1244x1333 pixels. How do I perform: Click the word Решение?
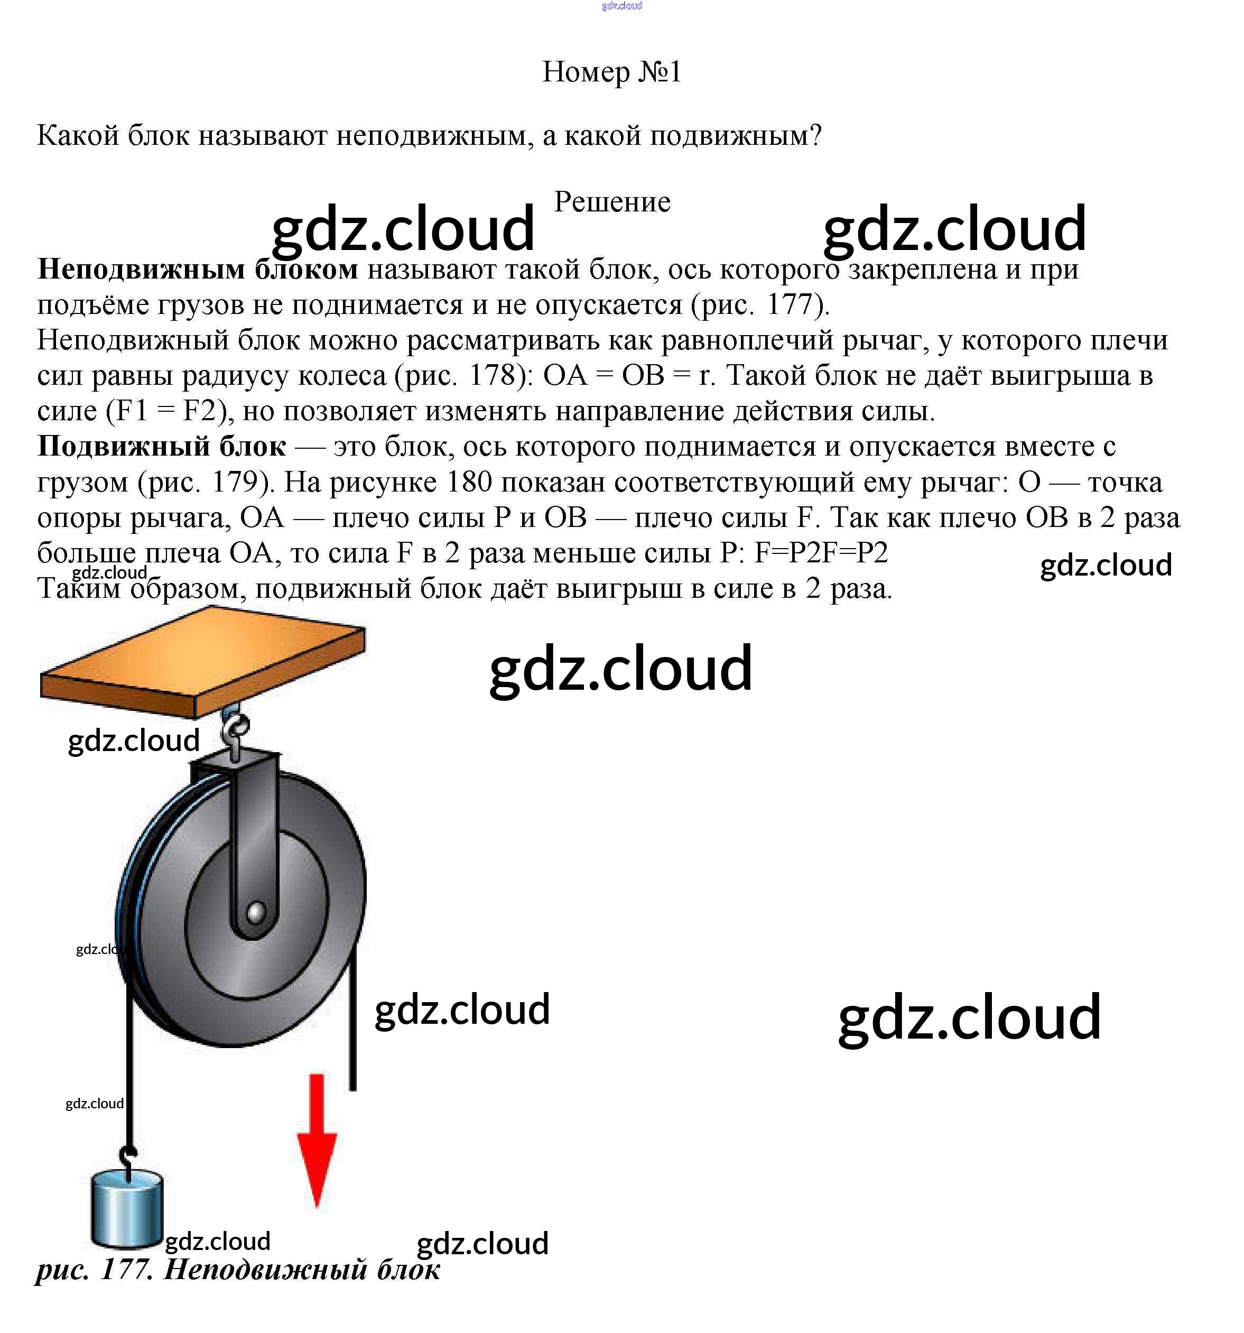(611, 202)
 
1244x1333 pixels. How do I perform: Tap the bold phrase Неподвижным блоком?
(198, 270)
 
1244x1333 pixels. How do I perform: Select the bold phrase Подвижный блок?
(162, 447)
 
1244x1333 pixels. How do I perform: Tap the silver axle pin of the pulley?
(255, 912)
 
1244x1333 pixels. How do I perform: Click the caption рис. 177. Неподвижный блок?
(238, 1269)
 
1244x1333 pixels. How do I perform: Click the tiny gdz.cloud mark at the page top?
(622, 6)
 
